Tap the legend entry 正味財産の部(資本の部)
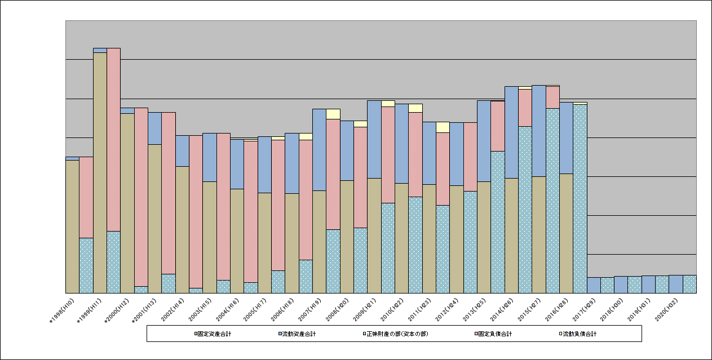(x=395, y=334)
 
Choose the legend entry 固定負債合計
(x=496, y=334)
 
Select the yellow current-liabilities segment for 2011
(x=443, y=127)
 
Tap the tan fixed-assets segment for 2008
(x=347, y=237)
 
